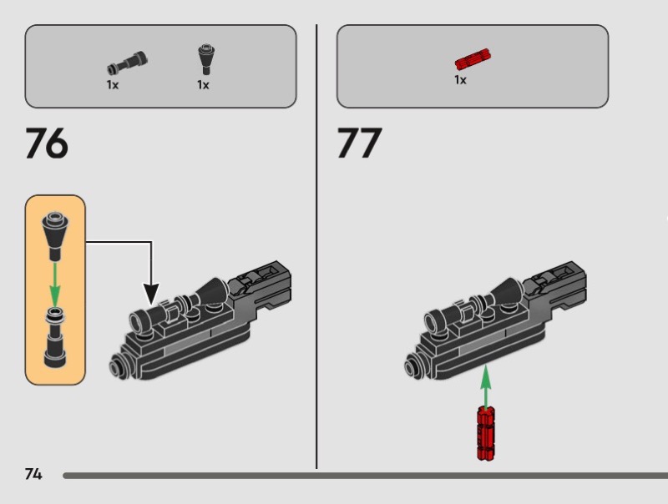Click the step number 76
tap(47, 143)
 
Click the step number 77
tap(359, 143)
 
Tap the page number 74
tap(33, 474)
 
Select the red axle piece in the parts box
tap(473, 58)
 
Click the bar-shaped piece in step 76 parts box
tap(127, 63)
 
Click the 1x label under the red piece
tap(460, 80)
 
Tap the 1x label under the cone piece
tap(203, 85)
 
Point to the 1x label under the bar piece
tap(113, 85)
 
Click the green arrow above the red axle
tap(486, 386)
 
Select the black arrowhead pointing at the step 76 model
tap(151, 294)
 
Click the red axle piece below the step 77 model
tap(486, 433)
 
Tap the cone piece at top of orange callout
tap(54, 235)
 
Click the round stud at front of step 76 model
tap(116, 365)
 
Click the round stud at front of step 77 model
tap(412, 365)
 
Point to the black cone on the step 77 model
tap(509, 292)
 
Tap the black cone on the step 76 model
tap(214, 292)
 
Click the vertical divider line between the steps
tap(316, 246)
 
